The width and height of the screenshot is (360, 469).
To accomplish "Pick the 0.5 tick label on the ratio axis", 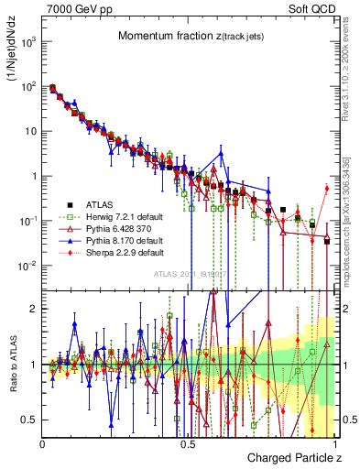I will coord(30,420).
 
